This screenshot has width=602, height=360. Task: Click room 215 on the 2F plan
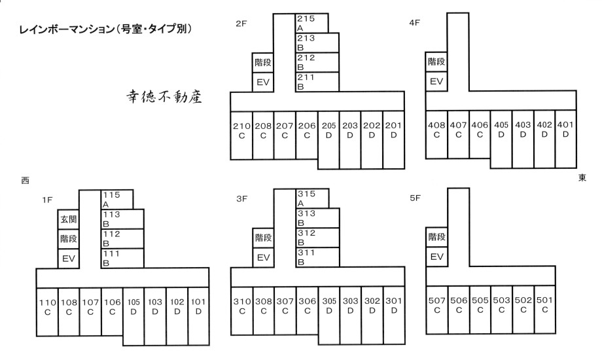(311, 23)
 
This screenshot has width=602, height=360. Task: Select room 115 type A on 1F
(117, 200)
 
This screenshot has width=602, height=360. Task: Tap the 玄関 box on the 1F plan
(68, 219)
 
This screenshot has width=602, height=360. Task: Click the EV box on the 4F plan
(436, 81)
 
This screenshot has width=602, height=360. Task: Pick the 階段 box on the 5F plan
(436, 237)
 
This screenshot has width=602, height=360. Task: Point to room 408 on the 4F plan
(436, 134)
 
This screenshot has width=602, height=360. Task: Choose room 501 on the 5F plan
(545, 310)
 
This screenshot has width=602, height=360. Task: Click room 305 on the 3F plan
(329, 315)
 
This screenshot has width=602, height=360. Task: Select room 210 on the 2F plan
(241, 135)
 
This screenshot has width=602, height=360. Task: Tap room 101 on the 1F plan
(198, 316)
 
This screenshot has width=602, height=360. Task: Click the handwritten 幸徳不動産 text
(164, 96)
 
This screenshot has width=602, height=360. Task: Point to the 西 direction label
(26, 180)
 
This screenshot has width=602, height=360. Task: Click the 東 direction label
(582, 177)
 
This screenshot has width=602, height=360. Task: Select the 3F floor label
(242, 198)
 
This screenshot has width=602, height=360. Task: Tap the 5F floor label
(415, 198)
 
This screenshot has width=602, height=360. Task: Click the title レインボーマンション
(67, 29)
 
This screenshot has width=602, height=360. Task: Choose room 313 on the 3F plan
(317, 218)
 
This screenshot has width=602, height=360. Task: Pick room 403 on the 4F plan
(523, 139)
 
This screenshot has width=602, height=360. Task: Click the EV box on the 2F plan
(263, 82)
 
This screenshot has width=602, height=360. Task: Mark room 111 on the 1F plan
(122, 258)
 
